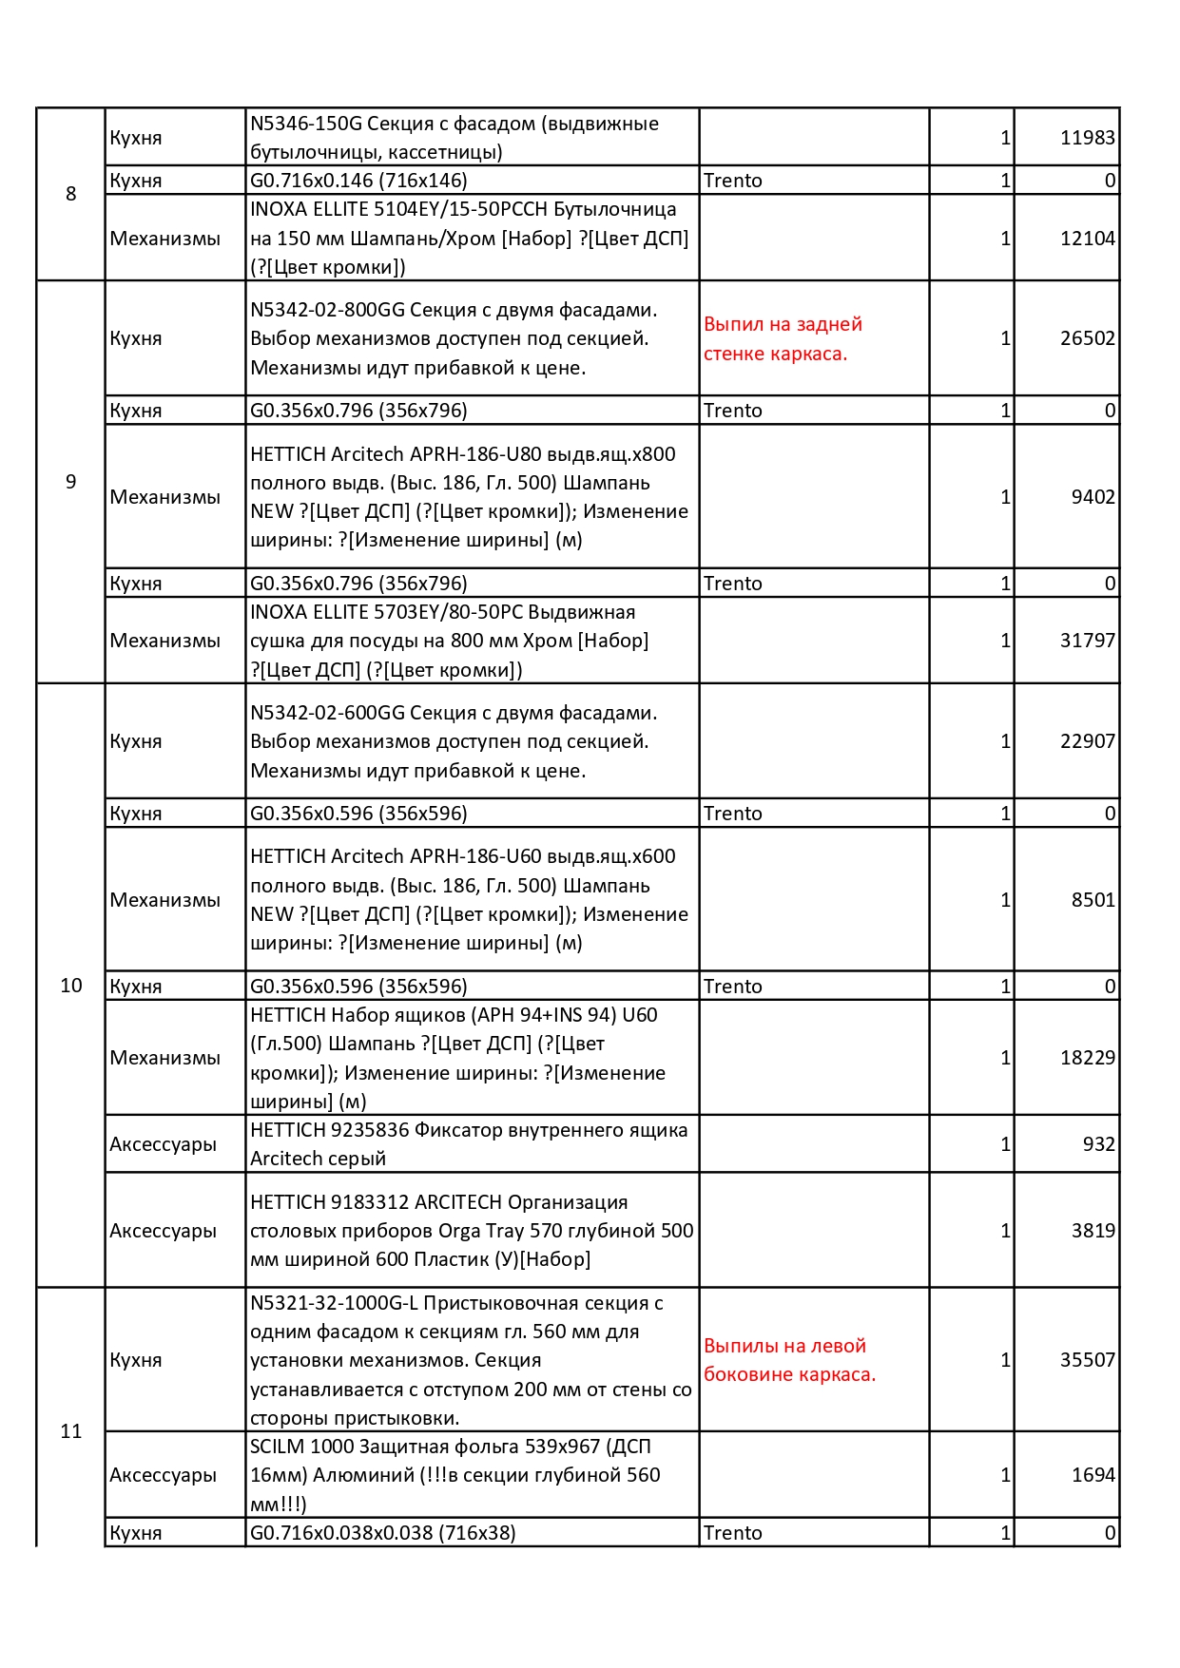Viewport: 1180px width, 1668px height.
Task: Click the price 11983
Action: (x=1087, y=138)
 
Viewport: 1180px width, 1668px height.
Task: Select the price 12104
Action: (x=1087, y=239)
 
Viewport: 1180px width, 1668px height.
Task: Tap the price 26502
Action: (x=1087, y=338)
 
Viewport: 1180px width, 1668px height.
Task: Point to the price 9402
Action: (x=1093, y=497)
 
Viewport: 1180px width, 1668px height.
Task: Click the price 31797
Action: (x=1087, y=641)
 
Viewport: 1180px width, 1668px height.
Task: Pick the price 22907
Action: (x=1087, y=741)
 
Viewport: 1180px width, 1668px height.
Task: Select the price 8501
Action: (x=1093, y=900)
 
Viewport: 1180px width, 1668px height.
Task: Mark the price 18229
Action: (x=1087, y=1058)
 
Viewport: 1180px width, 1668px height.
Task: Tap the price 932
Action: (x=1098, y=1144)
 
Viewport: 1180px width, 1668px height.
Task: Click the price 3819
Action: (x=1093, y=1231)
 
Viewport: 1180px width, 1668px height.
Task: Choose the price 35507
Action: (x=1087, y=1360)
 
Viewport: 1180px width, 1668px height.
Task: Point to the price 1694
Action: (x=1093, y=1475)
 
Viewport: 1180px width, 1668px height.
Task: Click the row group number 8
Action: (x=70, y=194)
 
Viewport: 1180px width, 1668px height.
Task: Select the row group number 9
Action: (x=70, y=482)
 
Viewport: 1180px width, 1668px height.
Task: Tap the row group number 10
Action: (x=71, y=986)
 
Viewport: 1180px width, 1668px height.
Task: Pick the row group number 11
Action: (x=71, y=1431)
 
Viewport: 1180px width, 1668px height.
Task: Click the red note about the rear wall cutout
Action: (x=783, y=338)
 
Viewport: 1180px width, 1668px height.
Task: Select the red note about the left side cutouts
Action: (x=789, y=1360)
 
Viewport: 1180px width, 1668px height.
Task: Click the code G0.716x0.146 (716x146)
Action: (x=358, y=181)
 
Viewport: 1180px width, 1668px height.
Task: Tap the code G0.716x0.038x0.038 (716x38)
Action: (x=382, y=1533)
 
